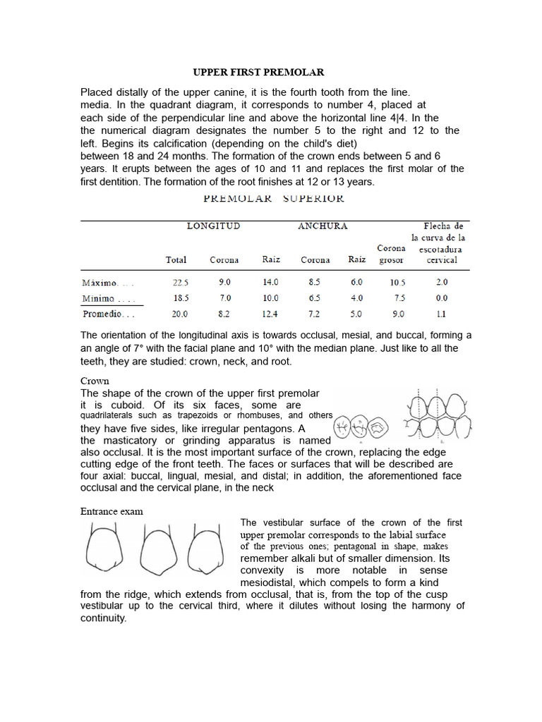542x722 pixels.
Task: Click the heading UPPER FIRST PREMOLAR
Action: [259, 72]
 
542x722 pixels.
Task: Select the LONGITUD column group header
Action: [213, 226]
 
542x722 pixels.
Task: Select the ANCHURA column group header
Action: [323, 226]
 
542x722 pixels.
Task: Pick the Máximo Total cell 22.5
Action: [176, 281]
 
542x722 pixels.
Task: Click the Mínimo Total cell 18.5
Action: [176, 298]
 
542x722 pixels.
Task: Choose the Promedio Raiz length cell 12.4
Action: [271, 314]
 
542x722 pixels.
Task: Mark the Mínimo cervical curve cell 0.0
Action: [442, 298]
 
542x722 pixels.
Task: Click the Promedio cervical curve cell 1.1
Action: [442, 314]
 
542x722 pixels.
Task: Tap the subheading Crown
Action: [95, 381]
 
